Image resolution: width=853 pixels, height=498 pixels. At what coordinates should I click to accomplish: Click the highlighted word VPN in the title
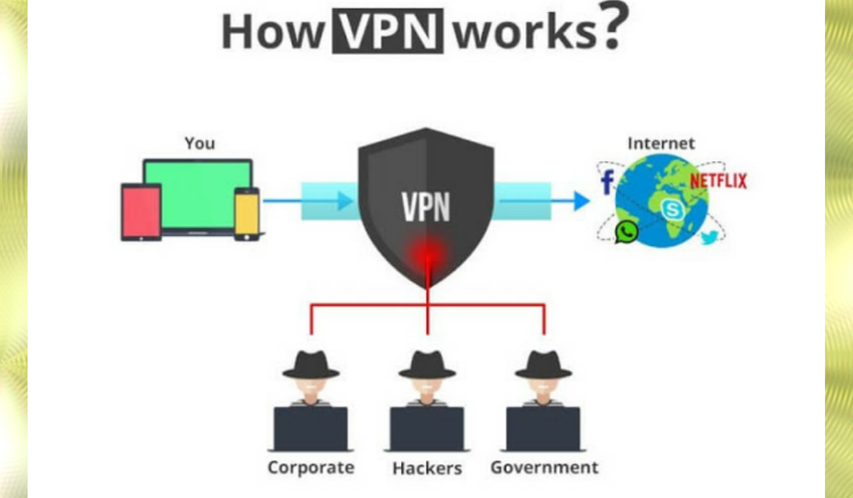388,31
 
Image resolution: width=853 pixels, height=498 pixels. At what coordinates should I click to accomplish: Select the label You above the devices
200,143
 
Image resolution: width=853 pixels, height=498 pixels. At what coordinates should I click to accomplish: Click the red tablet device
141,212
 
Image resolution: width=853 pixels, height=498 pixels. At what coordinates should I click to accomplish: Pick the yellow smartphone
247,214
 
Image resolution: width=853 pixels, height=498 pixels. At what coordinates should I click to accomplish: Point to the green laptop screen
198,195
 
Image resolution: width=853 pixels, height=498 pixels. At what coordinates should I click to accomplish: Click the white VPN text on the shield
426,207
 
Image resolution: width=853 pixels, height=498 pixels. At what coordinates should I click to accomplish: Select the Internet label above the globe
661,143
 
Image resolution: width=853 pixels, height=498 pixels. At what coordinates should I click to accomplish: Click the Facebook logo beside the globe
608,182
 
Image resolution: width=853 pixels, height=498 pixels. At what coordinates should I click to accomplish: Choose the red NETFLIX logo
718,180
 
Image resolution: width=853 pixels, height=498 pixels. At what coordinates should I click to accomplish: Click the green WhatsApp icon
626,232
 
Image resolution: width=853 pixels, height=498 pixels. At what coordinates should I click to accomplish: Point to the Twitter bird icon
710,237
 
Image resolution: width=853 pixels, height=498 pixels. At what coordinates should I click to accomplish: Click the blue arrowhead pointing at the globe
581,201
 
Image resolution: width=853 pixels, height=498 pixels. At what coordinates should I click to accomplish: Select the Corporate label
311,467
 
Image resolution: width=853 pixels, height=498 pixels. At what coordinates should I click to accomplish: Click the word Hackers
427,468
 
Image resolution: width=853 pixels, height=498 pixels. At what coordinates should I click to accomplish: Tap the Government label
544,467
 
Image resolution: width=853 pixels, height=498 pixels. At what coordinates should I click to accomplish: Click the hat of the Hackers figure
427,365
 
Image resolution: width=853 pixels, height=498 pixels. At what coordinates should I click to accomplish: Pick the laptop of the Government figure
542,429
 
